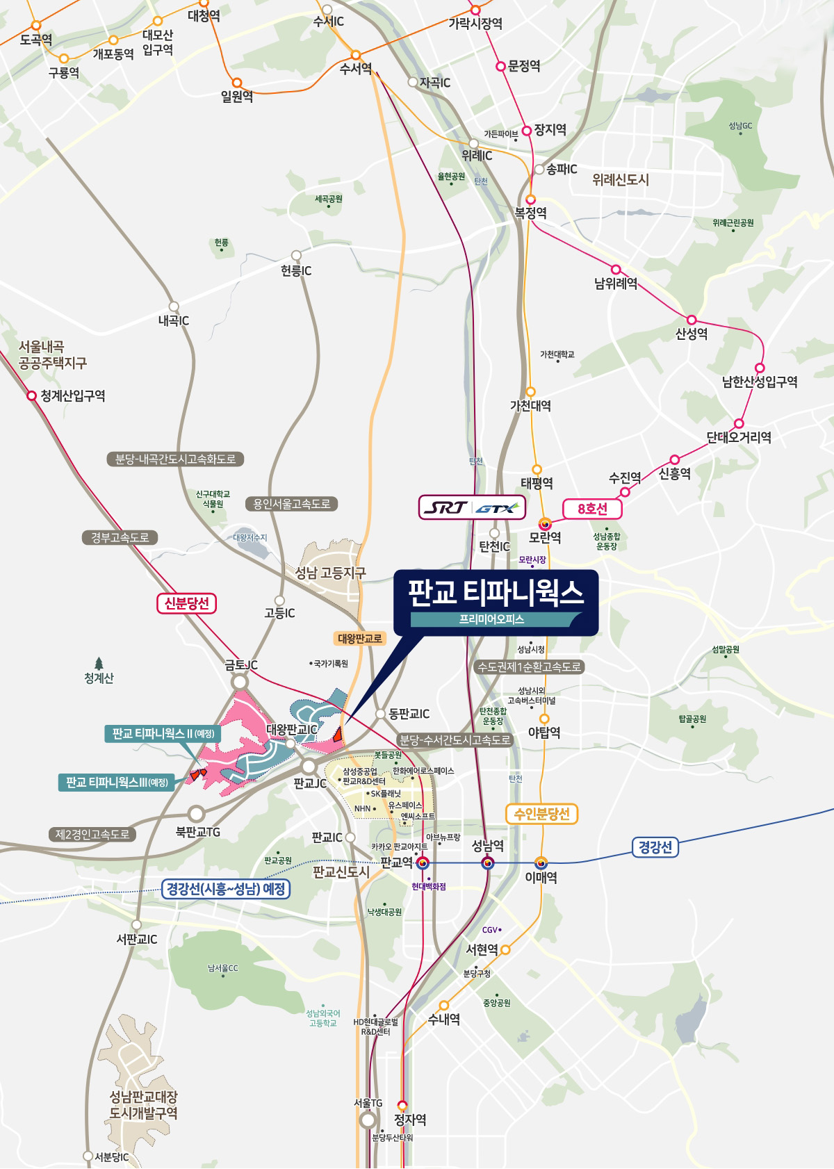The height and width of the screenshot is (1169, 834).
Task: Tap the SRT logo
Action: [445, 507]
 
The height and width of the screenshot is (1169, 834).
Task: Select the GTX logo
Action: [496, 508]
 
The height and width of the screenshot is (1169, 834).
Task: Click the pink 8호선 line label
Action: [592, 509]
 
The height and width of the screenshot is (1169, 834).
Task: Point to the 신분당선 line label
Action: [186, 603]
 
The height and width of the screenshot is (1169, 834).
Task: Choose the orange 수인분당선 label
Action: [541, 814]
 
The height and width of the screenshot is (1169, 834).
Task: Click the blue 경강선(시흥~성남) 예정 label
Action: [227, 889]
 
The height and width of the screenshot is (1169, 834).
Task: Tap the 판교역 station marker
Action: [423, 863]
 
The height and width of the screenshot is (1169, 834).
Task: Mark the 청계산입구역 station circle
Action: [31, 395]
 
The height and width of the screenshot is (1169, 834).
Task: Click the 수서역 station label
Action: [356, 69]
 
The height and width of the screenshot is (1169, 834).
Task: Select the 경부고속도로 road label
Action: [120, 537]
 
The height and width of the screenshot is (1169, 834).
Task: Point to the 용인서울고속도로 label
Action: [291, 504]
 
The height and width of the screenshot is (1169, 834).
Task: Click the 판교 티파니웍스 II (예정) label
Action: [163, 733]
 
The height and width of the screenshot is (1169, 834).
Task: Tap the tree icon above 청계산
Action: [99, 663]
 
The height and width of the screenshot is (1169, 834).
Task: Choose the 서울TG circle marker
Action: [368, 1120]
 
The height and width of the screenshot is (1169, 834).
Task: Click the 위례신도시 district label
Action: [621, 180]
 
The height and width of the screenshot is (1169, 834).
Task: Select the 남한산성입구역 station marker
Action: [760, 368]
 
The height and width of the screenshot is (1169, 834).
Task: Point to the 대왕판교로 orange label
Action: [360, 638]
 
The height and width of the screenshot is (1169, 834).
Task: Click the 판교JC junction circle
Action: [309, 767]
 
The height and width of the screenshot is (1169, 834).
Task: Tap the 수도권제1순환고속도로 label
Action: [530, 667]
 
